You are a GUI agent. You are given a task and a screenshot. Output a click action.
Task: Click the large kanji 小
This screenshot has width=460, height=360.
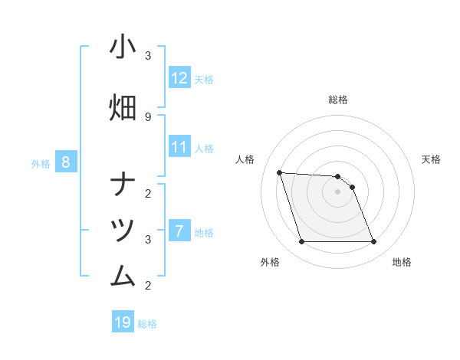click(123, 47)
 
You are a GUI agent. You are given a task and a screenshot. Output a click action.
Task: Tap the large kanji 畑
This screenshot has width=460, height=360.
click(123, 107)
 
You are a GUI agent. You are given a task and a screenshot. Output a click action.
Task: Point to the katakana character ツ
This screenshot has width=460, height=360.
click(123, 229)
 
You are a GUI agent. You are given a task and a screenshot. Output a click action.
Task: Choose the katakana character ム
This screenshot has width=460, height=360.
click(123, 274)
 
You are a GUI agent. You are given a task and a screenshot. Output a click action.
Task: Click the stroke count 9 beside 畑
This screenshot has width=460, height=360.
click(148, 116)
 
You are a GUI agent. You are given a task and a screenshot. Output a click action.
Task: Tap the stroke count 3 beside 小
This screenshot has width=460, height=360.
click(148, 56)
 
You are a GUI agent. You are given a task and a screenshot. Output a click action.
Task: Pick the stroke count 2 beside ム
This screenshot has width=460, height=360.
click(148, 286)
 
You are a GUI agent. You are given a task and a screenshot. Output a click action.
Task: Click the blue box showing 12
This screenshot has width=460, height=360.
click(179, 78)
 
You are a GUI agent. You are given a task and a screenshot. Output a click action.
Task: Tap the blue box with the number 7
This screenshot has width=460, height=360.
click(179, 231)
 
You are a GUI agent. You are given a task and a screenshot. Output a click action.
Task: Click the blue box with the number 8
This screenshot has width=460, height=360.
click(66, 162)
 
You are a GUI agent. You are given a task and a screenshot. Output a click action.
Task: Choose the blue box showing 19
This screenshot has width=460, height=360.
click(123, 322)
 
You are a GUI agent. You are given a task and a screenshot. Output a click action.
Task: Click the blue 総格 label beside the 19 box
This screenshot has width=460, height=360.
click(147, 324)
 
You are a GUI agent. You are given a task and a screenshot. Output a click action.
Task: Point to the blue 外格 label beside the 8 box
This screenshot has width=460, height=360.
click(41, 163)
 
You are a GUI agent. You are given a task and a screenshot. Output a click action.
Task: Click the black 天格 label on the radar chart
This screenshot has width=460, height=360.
click(431, 159)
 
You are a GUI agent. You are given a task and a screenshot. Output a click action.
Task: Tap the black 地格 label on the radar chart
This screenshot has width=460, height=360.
click(402, 262)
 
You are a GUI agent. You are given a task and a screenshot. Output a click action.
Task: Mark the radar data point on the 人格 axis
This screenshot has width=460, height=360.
click(279, 172)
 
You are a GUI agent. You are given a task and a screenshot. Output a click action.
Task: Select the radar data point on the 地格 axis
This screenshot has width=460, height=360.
click(373, 242)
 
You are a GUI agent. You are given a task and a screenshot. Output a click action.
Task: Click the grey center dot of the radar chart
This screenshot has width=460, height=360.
click(337, 191)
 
